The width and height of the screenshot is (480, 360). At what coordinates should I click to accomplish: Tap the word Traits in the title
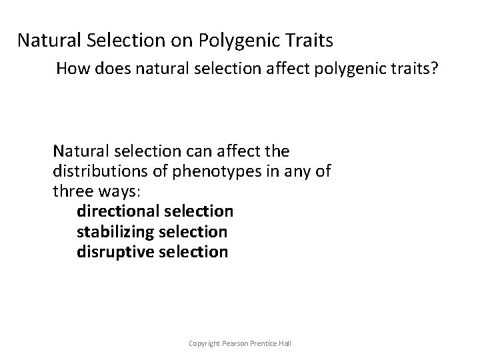(x=309, y=41)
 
